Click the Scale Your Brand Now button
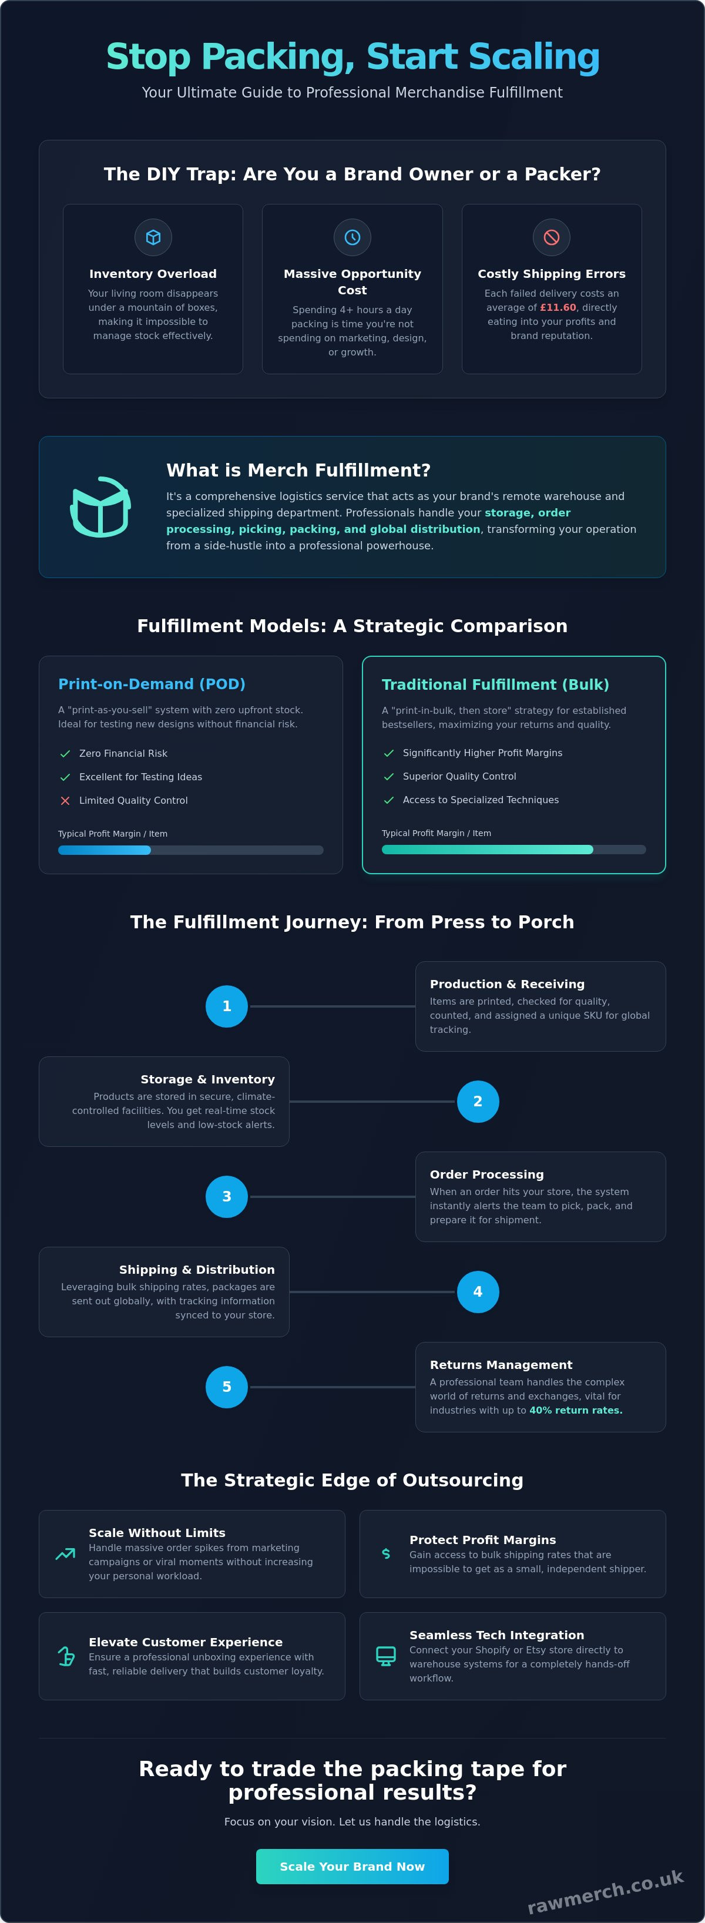(352, 1866)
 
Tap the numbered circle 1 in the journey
(226, 1006)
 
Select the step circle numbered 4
(478, 1291)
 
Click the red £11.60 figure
(558, 307)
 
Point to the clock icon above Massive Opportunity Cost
(352, 237)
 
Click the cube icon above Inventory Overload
(153, 237)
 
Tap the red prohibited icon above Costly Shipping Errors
(552, 237)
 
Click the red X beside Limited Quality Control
(65, 800)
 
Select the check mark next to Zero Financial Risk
(65, 754)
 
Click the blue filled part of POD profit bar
(105, 850)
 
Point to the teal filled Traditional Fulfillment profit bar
(487, 850)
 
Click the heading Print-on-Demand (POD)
(152, 684)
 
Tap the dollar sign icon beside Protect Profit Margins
(386, 1553)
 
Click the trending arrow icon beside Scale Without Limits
(66, 1553)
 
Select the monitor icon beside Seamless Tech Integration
(386, 1656)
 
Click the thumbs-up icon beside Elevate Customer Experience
(66, 1656)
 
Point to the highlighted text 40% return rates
(576, 1410)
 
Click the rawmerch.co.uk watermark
(606, 1892)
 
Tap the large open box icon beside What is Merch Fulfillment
(101, 507)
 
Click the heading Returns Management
(501, 1365)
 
